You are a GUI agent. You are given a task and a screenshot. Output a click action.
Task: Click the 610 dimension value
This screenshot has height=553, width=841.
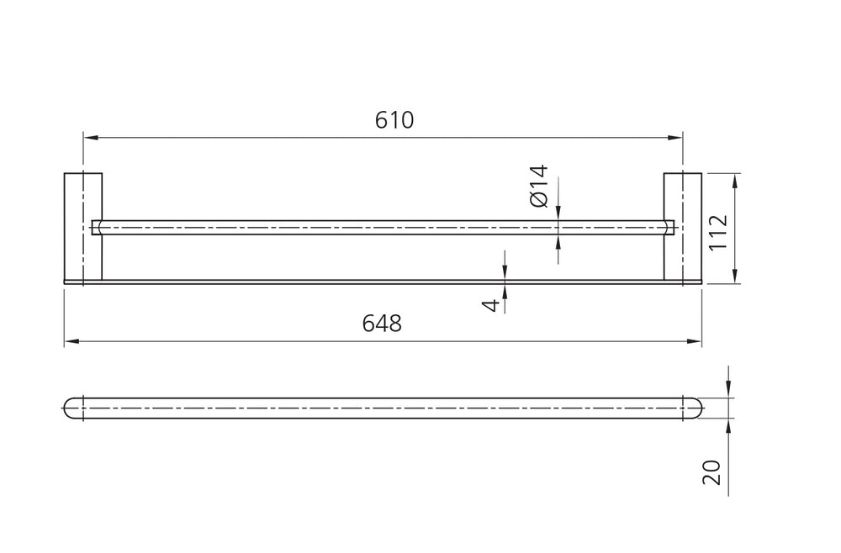[x=394, y=120]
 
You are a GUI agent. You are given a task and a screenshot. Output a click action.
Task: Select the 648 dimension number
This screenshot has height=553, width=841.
[x=382, y=323]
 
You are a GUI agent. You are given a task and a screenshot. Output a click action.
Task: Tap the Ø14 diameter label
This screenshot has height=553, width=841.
[x=539, y=186]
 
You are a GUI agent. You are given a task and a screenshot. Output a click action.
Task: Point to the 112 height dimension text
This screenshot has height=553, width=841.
[x=718, y=232]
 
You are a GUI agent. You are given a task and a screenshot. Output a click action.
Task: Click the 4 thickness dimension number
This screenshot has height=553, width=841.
[x=491, y=305]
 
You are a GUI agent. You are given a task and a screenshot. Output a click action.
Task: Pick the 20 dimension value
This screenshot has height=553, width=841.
[x=711, y=472]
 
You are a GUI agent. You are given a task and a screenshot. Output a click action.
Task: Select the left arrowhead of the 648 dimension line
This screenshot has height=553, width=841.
[x=71, y=341]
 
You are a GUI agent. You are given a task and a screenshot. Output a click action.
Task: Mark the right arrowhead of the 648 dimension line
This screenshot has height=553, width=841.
[x=695, y=341]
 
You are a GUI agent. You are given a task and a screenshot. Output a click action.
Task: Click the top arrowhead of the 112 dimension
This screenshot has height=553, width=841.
[x=735, y=180]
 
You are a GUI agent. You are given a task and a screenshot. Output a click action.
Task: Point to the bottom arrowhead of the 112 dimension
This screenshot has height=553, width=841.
[x=735, y=276]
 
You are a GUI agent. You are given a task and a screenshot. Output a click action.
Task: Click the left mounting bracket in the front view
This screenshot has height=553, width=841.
[x=83, y=226]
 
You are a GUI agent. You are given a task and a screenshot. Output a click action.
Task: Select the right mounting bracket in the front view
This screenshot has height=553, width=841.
[x=683, y=226]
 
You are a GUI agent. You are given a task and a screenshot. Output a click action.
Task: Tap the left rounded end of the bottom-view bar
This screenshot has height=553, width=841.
[x=73, y=408]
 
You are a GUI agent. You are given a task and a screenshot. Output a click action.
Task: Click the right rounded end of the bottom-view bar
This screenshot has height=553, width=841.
[x=692, y=408]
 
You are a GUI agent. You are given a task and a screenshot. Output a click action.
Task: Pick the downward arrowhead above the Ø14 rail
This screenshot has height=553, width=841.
[x=558, y=213]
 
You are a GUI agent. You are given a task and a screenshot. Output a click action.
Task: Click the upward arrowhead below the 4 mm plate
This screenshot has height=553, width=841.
[x=505, y=291]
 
